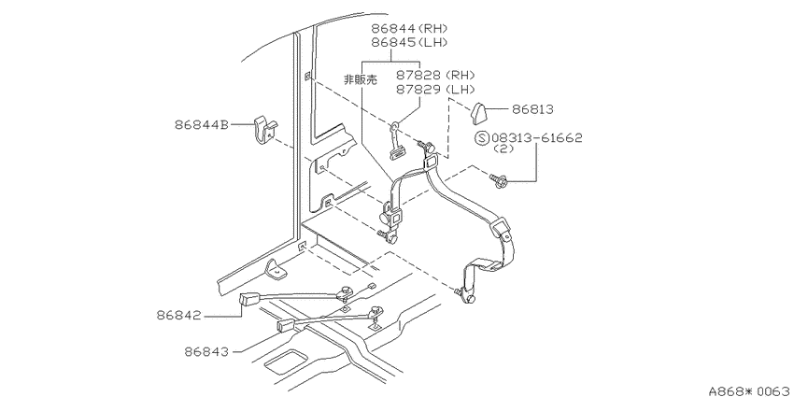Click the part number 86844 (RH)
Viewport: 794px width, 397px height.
pyautogui.click(x=410, y=28)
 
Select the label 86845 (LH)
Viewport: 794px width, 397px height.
pyautogui.click(x=410, y=43)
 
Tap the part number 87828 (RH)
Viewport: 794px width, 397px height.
pyautogui.click(x=435, y=76)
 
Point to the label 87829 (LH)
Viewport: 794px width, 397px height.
pyautogui.click(x=435, y=90)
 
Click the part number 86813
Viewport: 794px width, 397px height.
pyautogui.click(x=532, y=109)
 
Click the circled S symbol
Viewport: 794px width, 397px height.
pyautogui.click(x=483, y=137)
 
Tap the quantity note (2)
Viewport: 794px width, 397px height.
pyautogui.click(x=503, y=149)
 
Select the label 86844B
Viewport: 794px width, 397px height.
pyautogui.click(x=202, y=124)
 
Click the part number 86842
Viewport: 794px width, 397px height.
pyautogui.click(x=178, y=316)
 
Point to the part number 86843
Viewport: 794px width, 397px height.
pyautogui.click(x=206, y=351)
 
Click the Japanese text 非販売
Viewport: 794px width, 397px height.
pyautogui.click(x=361, y=80)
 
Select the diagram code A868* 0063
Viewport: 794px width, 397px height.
pyautogui.click(x=750, y=390)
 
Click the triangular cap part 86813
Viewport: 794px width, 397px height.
pyautogui.click(x=479, y=113)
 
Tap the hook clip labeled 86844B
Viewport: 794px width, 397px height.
pyautogui.click(x=263, y=130)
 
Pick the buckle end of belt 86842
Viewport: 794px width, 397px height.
pyautogui.click(x=249, y=299)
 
